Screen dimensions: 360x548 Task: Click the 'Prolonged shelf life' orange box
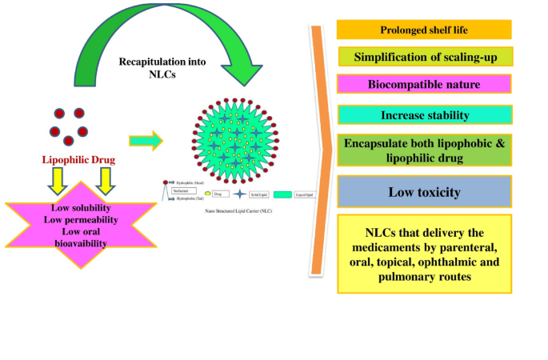tap(423, 30)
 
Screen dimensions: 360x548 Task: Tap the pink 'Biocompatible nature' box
tap(423, 84)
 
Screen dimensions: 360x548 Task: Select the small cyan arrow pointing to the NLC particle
tap(146, 141)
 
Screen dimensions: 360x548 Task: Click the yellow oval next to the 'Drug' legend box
tap(208, 194)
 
